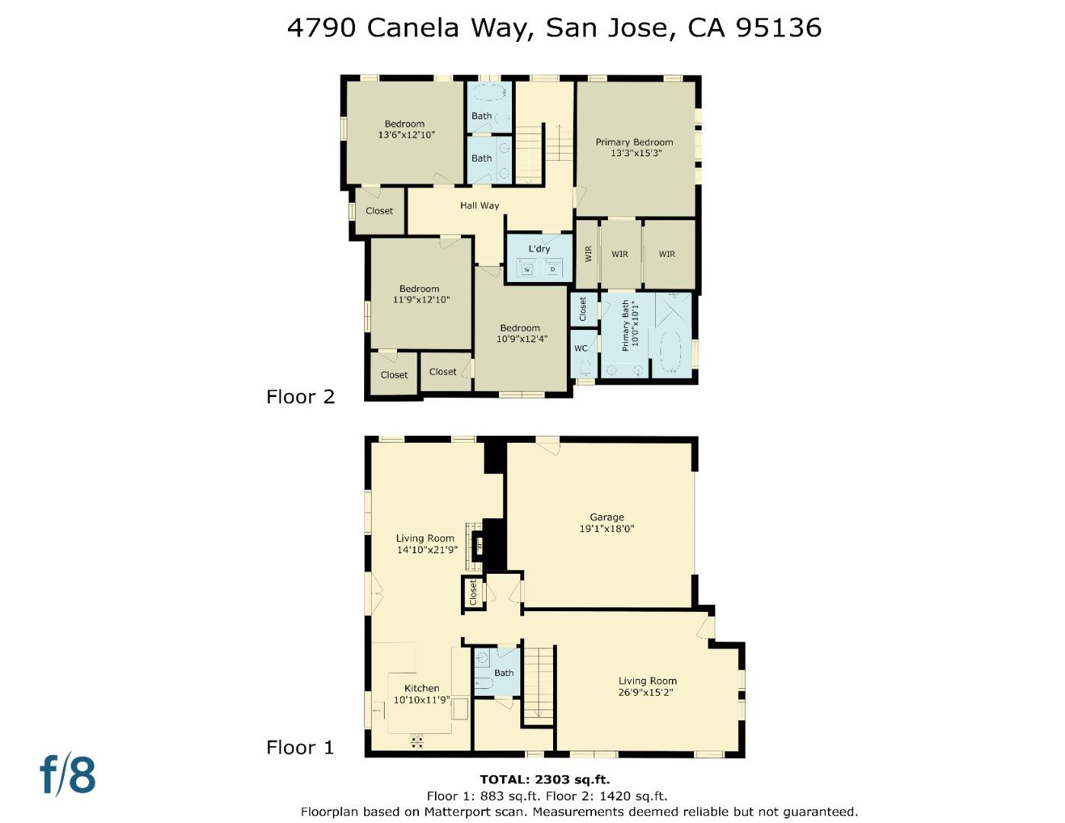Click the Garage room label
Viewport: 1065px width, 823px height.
[x=606, y=517]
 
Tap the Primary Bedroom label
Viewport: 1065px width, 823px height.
[x=634, y=143]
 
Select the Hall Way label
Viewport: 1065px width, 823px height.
[x=479, y=206]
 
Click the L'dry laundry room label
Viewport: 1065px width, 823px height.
[x=539, y=249]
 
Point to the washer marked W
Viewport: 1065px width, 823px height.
[x=526, y=269]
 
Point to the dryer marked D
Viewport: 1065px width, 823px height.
[x=553, y=269]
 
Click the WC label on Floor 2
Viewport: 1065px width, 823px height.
[x=580, y=349]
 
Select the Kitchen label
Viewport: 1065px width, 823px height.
[x=421, y=688]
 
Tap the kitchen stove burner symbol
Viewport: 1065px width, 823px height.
[x=417, y=741]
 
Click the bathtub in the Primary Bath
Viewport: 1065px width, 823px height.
[x=670, y=352]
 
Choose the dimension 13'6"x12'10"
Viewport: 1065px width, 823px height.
[x=406, y=135]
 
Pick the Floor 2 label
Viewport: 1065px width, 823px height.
[x=300, y=397]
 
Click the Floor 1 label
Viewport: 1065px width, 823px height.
[x=300, y=748]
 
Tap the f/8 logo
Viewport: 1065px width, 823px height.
[x=68, y=775]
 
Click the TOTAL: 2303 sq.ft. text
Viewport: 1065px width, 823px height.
[x=545, y=780]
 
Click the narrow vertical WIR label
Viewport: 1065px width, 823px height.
[x=588, y=254]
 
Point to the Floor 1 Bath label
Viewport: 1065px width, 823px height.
[x=504, y=673]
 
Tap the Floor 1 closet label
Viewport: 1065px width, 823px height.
[x=473, y=592]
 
